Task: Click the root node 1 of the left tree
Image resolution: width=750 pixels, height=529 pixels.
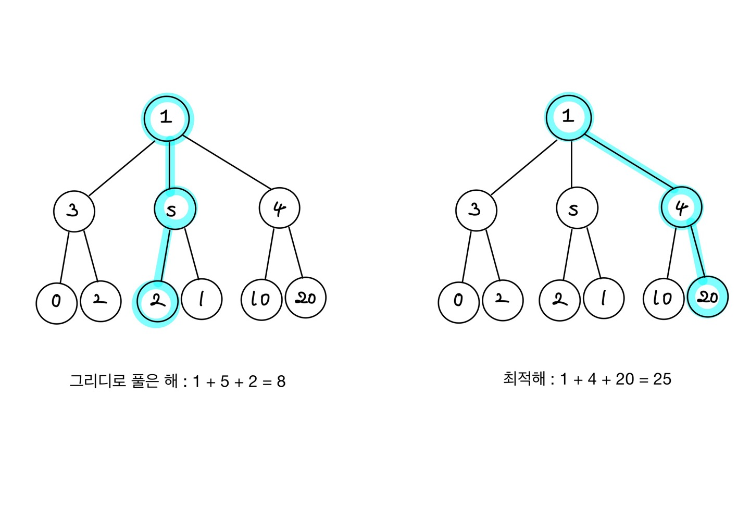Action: pos(167,118)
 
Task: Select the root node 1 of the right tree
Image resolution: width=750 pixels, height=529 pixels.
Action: pos(569,117)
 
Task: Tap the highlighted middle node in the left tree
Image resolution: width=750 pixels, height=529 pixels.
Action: pos(175,208)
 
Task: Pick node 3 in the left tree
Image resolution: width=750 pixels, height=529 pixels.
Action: pos(74,211)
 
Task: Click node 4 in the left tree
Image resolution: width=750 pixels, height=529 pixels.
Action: pos(279,208)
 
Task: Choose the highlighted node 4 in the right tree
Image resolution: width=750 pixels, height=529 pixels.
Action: pos(681,207)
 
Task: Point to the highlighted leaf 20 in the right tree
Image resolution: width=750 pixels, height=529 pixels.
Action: pos(708,297)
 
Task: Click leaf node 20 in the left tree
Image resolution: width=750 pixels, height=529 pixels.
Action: pos(306,298)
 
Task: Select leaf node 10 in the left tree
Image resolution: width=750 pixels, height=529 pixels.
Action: pos(261,300)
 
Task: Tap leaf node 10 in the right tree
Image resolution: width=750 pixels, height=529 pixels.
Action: pos(664,299)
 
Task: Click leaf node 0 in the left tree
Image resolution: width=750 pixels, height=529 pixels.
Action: pos(57,302)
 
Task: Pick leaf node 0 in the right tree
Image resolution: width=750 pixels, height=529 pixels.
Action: pos(459,302)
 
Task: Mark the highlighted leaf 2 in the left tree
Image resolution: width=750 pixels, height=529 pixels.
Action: pos(157,301)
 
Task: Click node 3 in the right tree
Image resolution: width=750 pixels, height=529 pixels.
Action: pos(476,210)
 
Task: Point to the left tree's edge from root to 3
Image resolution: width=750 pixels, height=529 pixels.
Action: pos(121,168)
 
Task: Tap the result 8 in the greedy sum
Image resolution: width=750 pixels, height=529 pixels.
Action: pos(281,382)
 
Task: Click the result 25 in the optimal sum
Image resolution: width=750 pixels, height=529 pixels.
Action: pos(662,379)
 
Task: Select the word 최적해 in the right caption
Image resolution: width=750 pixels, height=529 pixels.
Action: pos(524,378)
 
